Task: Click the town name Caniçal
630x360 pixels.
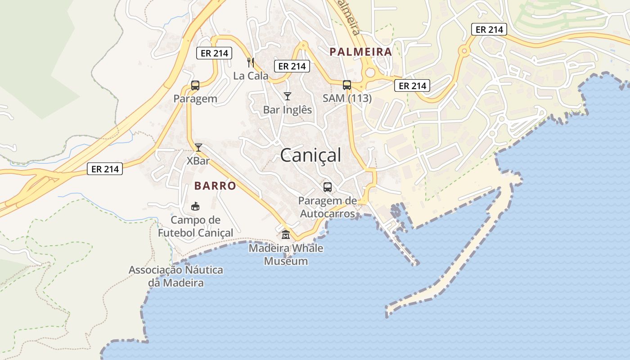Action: [310, 155]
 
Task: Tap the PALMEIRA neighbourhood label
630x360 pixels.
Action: [360, 52]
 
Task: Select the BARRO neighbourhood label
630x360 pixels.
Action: [215, 186]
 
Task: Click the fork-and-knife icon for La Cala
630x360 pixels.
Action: [251, 63]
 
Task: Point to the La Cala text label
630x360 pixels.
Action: [251, 76]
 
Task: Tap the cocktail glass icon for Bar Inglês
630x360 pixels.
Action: [288, 96]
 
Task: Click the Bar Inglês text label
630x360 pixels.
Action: [288, 110]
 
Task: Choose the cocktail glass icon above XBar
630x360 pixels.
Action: [198, 147]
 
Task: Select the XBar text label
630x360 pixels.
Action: [198, 161]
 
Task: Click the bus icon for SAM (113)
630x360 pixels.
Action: [347, 85]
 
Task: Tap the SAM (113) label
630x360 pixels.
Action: [347, 98]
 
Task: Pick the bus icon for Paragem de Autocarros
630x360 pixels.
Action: [328, 187]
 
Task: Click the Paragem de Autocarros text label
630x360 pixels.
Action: [328, 207]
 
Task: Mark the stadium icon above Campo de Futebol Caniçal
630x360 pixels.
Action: [195, 207]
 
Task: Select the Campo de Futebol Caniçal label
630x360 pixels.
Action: [195, 226]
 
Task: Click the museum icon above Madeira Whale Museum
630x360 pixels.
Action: [286, 234]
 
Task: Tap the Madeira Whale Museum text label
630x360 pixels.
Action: [286, 254]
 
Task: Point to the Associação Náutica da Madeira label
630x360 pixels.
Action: [176, 276]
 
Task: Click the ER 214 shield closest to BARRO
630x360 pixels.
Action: [105, 169]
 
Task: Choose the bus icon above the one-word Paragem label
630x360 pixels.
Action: [195, 85]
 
